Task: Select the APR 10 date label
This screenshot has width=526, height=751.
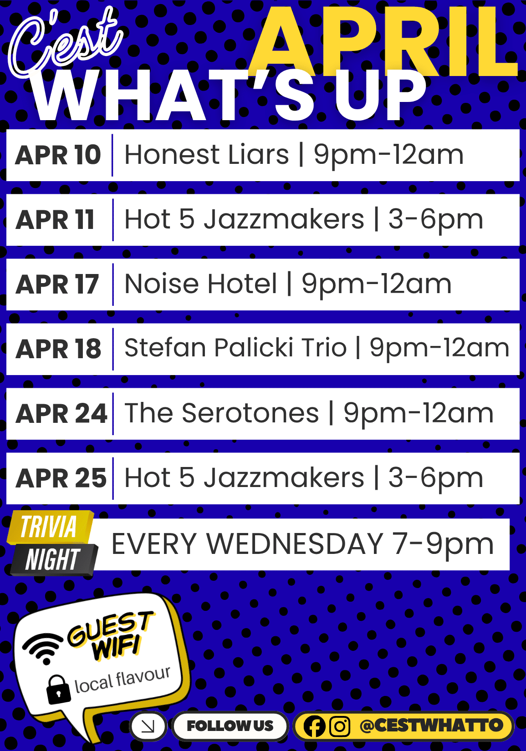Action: (x=58, y=155)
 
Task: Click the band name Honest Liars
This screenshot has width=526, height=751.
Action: (x=207, y=155)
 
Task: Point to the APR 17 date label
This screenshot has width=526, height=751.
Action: (x=57, y=284)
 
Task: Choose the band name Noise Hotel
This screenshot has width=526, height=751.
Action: (x=200, y=284)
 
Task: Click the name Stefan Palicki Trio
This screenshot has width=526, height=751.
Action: (x=235, y=348)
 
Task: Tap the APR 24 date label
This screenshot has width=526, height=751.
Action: (x=61, y=414)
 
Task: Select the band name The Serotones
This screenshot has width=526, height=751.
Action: (x=222, y=413)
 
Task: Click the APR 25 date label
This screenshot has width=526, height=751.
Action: (x=61, y=478)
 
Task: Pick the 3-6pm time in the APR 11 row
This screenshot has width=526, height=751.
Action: (x=435, y=220)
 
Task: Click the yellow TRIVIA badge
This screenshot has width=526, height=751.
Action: (x=49, y=527)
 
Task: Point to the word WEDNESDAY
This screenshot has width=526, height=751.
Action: (x=295, y=544)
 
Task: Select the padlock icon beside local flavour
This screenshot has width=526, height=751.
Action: (x=58, y=689)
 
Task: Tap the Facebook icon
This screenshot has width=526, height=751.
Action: (x=314, y=726)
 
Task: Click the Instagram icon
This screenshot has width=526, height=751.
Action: (x=339, y=726)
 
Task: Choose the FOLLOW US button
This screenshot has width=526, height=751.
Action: (x=230, y=726)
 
